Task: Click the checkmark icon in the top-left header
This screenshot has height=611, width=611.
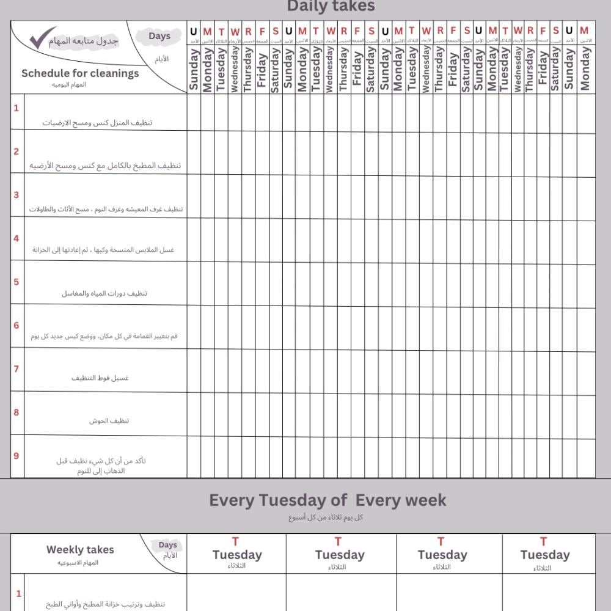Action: click(x=43, y=38)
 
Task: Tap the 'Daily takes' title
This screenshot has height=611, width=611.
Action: click(x=331, y=7)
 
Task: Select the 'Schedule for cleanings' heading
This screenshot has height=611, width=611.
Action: click(x=80, y=73)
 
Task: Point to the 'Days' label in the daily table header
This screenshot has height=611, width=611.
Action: click(x=159, y=36)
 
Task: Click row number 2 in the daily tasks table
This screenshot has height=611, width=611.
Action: click(x=16, y=152)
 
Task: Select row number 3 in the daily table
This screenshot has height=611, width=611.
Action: click(x=16, y=195)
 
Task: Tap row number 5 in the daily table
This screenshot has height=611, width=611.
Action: click(x=16, y=282)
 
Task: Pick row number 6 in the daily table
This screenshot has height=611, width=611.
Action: click(x=16, y=326)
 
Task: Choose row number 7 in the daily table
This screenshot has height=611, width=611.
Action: click(x=16, y=369)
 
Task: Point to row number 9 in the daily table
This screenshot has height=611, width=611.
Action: click(x=16, y=456)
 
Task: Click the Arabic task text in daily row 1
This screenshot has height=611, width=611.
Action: click(x=97, y=123)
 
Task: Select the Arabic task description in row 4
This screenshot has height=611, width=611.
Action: click(x=103, y=250)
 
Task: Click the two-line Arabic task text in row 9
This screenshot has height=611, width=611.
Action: click(x=101, y=466)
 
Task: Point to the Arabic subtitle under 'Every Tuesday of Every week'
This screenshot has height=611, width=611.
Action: click(x=326, y=518)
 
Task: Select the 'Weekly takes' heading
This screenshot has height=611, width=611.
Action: click(x=80, y=550)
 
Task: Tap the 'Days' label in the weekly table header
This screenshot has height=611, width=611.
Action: click(x=167, y=545)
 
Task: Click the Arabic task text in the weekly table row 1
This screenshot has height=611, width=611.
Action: click(x=104, y=604)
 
